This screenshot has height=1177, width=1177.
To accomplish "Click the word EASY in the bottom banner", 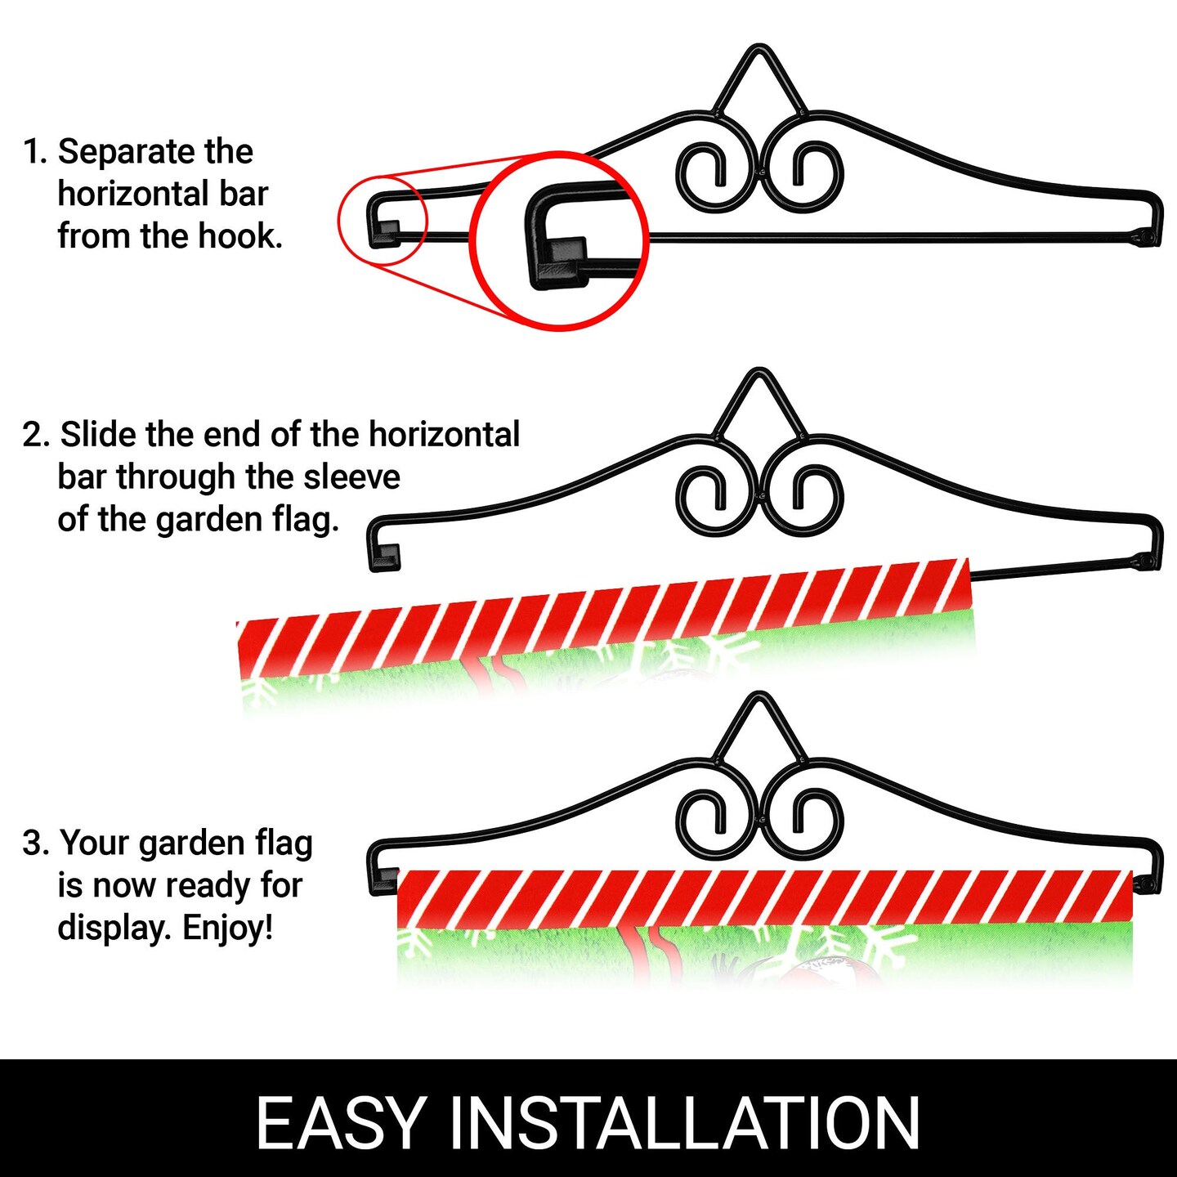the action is (340, 1123).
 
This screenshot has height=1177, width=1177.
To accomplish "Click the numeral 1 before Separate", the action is (30, 152).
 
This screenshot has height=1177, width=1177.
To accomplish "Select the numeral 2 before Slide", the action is (33, 435).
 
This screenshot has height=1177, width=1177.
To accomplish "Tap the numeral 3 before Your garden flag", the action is (33, 844).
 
